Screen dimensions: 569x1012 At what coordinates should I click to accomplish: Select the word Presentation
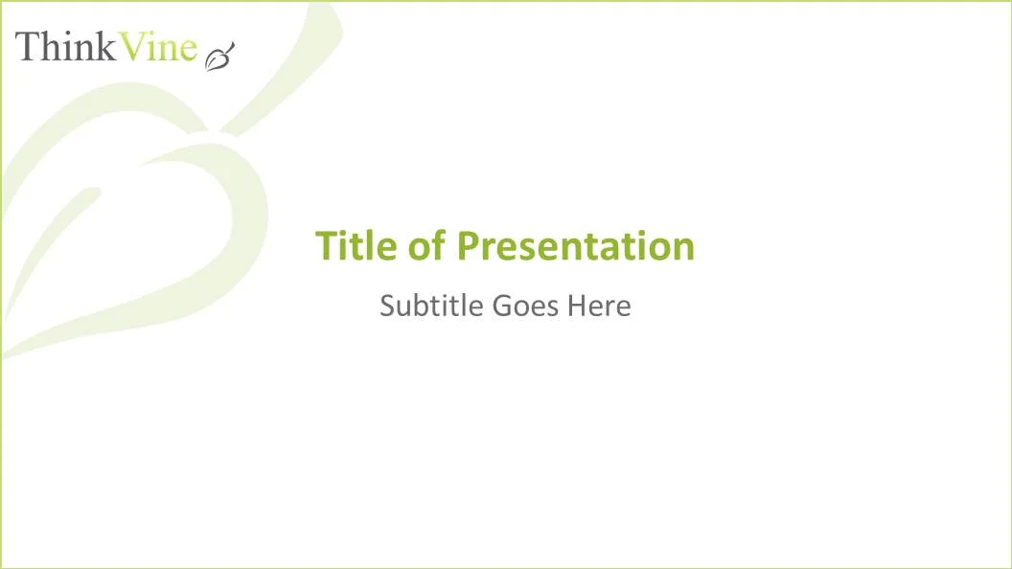(575, 246)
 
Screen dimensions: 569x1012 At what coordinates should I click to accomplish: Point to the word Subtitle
(431, 306)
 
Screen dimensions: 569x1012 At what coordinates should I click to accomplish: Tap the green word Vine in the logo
(159, 46)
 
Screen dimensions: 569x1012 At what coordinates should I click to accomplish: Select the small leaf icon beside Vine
(219, 56)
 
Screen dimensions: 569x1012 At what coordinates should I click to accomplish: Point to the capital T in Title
(326, 246)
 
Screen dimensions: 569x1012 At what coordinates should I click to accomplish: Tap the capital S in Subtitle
(387, 306)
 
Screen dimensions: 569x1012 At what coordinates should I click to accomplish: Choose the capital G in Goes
(502, 306)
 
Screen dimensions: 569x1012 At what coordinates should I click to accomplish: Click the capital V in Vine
(131, 46)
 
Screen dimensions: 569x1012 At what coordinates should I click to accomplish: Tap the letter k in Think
(104, 46)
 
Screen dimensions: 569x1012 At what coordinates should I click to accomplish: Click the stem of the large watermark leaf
(287, 67)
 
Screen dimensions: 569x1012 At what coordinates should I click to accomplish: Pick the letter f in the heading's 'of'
(438, 245)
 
